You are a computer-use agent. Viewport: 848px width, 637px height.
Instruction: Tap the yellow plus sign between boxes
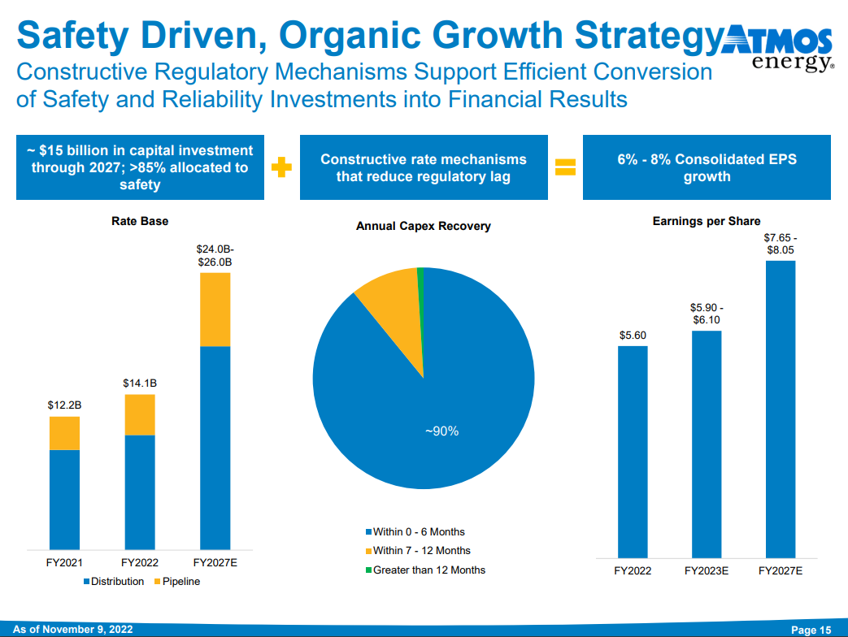click(281, 168)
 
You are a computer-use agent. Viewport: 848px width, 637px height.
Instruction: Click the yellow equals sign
click(564, 167)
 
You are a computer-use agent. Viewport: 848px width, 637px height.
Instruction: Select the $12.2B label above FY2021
click(65, 404)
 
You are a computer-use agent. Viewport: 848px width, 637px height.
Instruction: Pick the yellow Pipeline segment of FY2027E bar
click(215, 310)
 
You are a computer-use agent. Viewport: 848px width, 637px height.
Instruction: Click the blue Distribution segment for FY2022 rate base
click(140, 492)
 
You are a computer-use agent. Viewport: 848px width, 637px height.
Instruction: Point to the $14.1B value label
click(140, 382)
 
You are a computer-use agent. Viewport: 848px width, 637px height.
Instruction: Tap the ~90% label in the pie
click(442, 431)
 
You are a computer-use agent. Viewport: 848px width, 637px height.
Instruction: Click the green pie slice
click(421, 276)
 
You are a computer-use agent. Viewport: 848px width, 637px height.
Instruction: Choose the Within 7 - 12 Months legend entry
click(417, 551)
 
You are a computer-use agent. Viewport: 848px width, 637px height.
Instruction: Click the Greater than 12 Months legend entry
click(424, 570)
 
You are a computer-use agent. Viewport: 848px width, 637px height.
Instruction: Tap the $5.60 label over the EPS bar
click(633, 335)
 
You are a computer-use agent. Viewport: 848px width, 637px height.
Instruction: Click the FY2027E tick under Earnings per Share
click(781, 571)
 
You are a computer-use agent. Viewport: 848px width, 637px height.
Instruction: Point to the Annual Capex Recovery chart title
click(424, 226)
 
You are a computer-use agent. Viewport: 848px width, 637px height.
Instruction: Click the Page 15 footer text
click(811, 630)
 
